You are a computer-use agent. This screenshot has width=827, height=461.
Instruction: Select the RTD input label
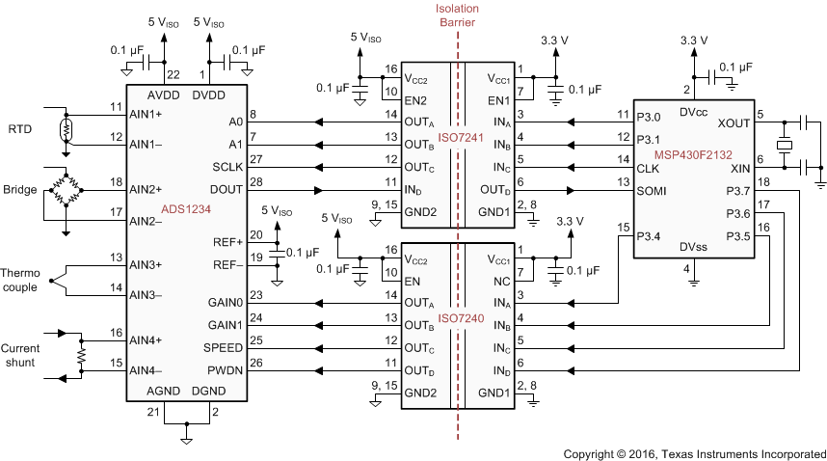pos(20,128)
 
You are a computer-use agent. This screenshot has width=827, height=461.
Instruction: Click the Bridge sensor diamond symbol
pos(66,189)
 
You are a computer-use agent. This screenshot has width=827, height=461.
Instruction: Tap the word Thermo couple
pos(19,280)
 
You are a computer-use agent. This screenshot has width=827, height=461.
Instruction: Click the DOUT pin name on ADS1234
pos(226,190)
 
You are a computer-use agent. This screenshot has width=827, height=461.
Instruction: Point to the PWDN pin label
pos(226,370)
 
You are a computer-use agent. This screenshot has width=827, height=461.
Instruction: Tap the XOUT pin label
pos(733,123)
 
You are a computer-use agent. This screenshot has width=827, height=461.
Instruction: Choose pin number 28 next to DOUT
pos(256,182)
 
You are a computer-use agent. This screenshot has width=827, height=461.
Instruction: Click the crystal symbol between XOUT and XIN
pos(786,146)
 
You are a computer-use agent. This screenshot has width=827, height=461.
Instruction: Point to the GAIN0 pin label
pos(225,304)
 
